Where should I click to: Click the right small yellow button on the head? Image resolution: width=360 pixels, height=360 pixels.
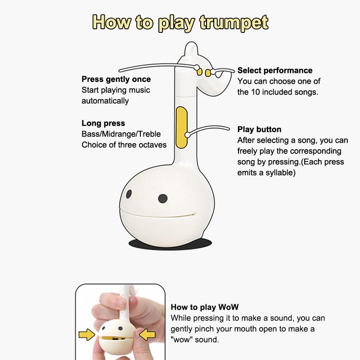207,72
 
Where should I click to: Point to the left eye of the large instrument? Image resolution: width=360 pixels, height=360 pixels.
129,194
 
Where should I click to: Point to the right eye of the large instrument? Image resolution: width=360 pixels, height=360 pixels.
162,198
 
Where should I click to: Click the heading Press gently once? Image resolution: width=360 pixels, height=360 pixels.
116,79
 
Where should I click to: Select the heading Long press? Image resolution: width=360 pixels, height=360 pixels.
103,123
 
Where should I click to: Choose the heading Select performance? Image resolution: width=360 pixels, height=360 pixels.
274,70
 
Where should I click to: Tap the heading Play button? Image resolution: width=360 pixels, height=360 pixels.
259,130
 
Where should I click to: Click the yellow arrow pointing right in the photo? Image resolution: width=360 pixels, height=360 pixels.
87,334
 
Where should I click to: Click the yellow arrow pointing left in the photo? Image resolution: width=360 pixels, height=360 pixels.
147,334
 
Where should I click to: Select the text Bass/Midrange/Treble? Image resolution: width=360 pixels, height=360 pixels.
121,134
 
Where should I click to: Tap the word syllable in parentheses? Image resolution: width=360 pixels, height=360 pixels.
279,172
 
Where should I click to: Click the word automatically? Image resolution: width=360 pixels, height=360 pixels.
105,101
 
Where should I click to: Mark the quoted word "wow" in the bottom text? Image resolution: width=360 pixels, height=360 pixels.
182,340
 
